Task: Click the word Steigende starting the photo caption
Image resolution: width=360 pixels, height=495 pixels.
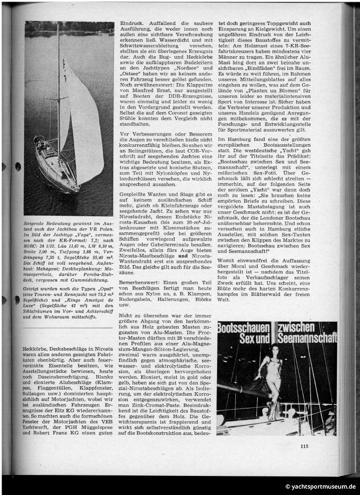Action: pyautogui.click(x=38, y=224)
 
